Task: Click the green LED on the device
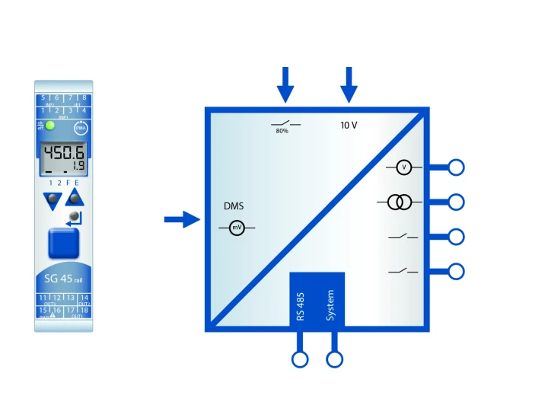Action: coord(50,126)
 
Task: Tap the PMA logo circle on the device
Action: coord(80,129)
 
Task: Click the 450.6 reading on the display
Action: coord(63,155)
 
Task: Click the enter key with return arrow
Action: coord(74,219)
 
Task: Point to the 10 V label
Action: coord(349,124)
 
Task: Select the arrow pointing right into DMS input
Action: coord(181,220)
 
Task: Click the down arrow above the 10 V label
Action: coord(349,84)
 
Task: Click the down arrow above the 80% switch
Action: coord(285,84)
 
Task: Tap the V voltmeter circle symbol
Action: coord(404,167)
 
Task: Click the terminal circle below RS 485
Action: coord(301,359)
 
